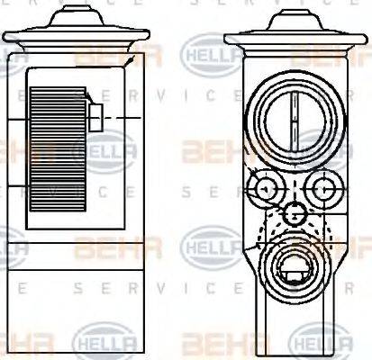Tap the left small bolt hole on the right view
pyautogui.click(x=265, y=188)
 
